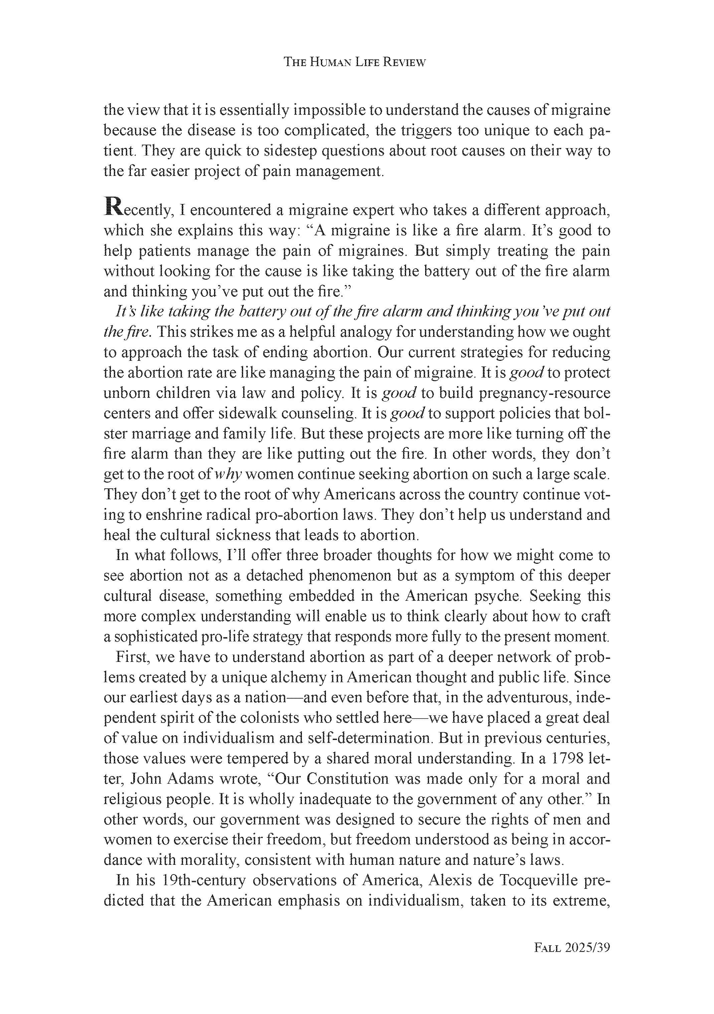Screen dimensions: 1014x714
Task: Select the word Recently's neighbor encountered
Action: pos(230,210)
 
